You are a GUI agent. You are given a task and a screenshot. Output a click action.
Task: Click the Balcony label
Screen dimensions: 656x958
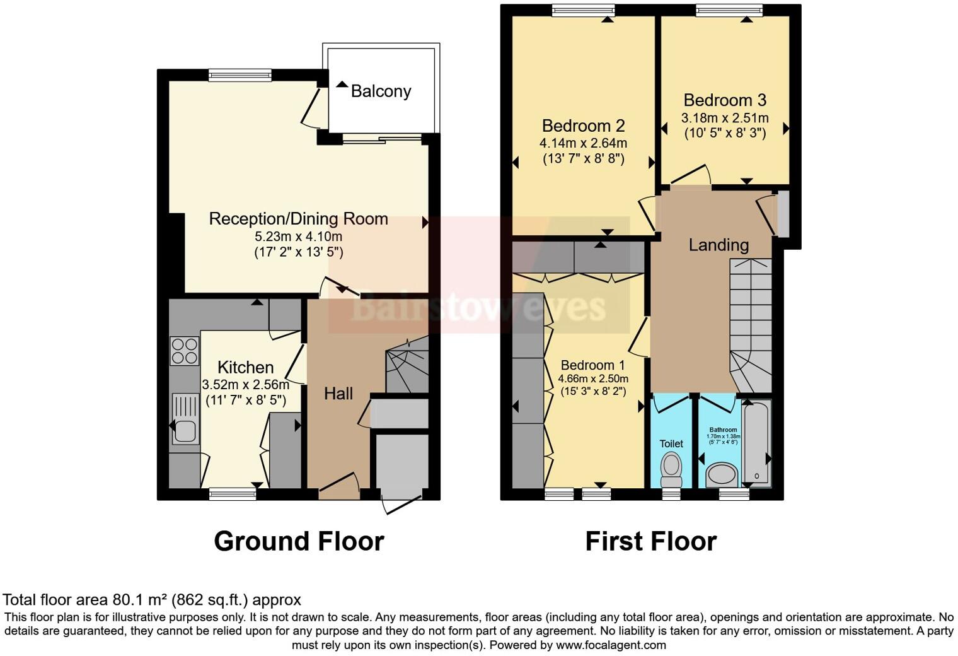pos(381,91)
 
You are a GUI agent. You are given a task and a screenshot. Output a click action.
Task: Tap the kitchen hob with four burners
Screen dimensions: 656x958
pos(184,351)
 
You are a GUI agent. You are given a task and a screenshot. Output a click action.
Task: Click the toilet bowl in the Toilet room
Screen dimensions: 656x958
pos(671,467)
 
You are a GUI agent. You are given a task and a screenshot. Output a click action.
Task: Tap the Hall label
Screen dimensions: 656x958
pos(338,394)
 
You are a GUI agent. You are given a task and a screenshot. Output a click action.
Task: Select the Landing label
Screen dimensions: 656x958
pos(718,245)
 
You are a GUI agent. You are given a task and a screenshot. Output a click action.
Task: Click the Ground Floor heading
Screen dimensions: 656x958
pos(299,541)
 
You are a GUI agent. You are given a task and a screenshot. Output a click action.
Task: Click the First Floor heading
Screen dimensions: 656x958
pos(650,541)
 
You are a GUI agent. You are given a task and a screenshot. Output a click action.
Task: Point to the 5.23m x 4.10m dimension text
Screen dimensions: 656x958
pos(298,237)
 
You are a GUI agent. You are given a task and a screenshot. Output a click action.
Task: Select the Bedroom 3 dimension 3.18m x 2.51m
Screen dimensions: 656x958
pos(725,118)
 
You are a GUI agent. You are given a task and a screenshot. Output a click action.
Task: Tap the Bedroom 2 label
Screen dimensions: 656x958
pos(583,126)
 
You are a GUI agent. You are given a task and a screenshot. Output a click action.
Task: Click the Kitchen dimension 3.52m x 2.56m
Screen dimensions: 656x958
pos(246,385)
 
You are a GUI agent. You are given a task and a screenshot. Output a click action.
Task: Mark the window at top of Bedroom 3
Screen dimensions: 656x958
pos(729,9)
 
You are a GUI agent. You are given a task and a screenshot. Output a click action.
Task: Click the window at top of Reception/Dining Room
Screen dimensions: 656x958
pos(240,74)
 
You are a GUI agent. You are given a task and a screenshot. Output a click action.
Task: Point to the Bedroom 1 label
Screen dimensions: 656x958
pos(592,365)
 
